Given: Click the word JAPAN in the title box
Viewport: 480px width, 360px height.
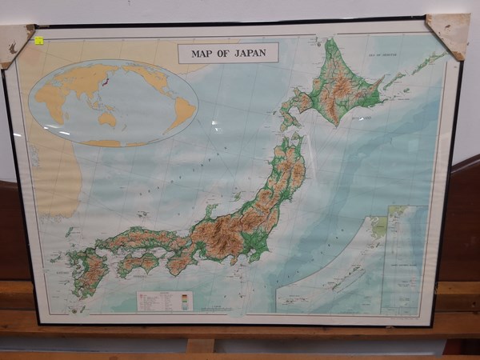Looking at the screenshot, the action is point(250,54).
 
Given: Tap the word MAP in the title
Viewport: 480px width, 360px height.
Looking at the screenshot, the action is point(204,54).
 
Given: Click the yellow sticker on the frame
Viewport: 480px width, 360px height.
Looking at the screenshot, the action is point(38,39).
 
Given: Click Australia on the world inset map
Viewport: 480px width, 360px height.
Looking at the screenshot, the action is point(106,119).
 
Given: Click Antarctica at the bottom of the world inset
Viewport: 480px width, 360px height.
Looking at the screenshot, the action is point(104,143).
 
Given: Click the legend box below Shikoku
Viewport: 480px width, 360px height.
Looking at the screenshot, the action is point(164,301).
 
